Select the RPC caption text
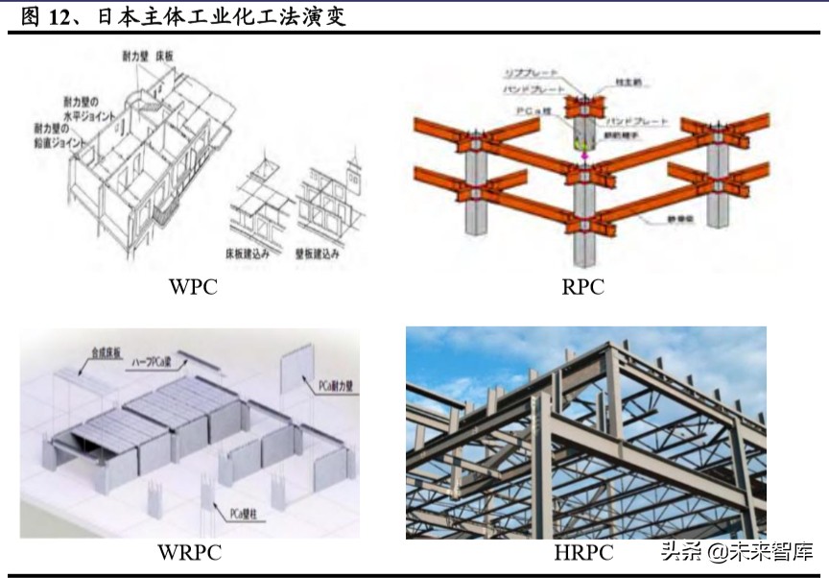(x=582, y=287)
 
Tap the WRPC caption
(x=189, y=552)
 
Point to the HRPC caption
(x=582, y=552)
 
